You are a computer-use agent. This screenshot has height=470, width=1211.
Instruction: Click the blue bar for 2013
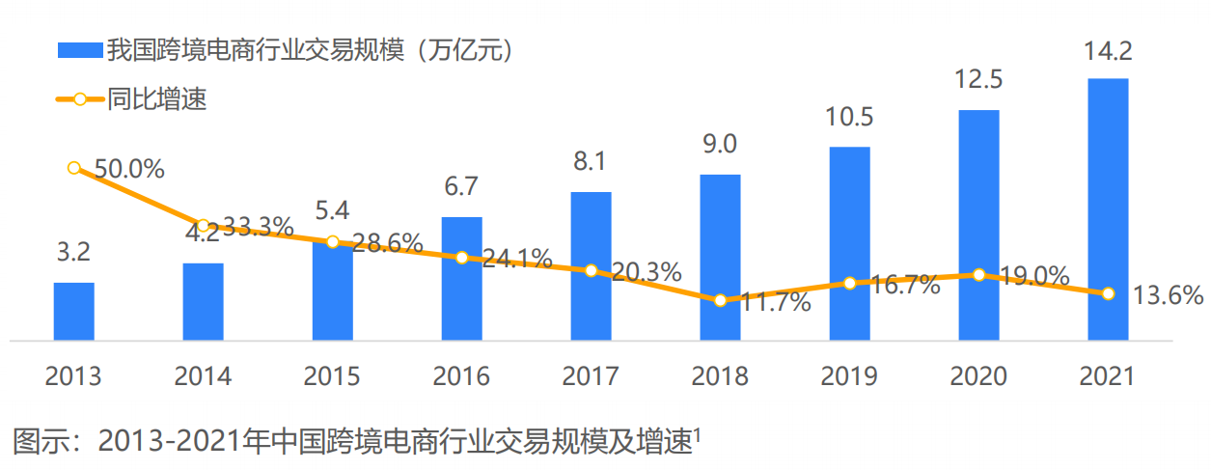tap(73, 311)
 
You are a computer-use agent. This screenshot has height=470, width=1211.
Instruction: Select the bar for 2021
tap(1108, 208)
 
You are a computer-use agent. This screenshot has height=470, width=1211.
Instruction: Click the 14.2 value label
tap(1108, 54)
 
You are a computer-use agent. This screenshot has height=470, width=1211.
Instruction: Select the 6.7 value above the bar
tap(461, 186)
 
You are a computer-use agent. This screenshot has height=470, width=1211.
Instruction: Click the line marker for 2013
tap(74, 168)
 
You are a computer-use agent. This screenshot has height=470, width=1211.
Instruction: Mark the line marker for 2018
tap(720, 300)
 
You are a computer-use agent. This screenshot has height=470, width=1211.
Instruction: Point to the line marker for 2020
tap(978, 275)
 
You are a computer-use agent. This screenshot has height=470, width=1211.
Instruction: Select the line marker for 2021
tap(1108, 293)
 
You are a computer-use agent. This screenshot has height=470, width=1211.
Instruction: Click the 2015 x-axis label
tap(332, 375)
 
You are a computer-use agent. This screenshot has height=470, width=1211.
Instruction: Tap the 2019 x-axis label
tap(849, 375)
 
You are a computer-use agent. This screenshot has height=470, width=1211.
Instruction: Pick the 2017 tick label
tap(591, 375)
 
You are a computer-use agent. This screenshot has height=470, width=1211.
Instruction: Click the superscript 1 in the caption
tap(698, 435)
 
